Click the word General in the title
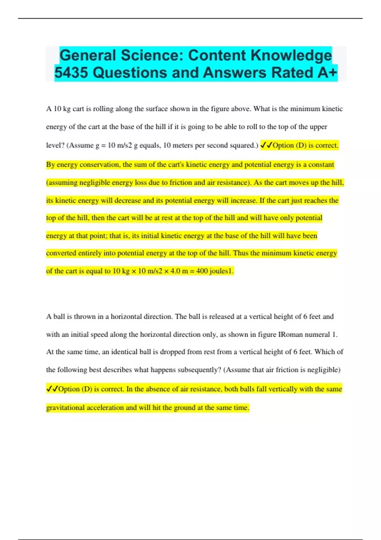[87, 56]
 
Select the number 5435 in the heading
[71, 73]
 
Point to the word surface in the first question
[157, 109]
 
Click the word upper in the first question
[318, 127]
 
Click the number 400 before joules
[202, 271]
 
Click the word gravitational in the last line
[65, 408]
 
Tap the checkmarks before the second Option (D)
[52, 389]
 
